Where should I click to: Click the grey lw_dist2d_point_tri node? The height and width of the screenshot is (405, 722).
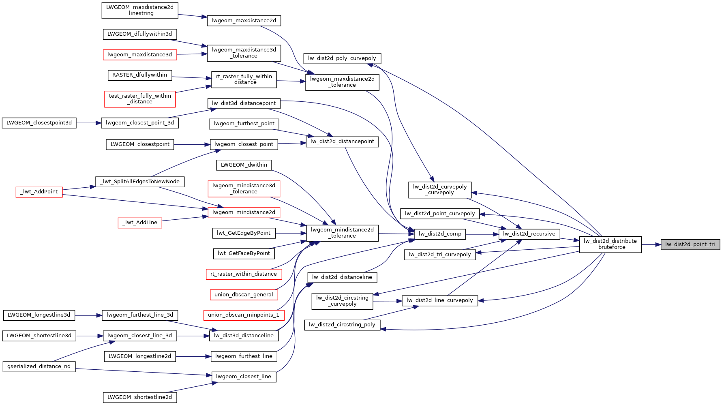[x=690, y=244]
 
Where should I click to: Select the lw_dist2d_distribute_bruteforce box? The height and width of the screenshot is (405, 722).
[x=610, y=244]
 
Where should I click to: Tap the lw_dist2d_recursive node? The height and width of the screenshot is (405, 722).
[x=529, y=234]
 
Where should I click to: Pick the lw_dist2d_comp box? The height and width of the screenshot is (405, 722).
[x=440, y=234]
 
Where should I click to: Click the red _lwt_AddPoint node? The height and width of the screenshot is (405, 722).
[x=39, y=192]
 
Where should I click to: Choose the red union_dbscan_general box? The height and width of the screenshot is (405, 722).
[x=244, y=295]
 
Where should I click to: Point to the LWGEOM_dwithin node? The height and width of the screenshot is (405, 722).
[x=244, y=165]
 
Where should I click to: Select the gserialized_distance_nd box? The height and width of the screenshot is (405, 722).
[x=39, y=366]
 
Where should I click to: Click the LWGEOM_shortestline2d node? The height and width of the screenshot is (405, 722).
[x=140, y=397]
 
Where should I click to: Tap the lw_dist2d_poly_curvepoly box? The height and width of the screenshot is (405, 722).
[x=342, y=58]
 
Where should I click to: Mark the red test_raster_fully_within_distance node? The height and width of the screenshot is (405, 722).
[x=140, y=99]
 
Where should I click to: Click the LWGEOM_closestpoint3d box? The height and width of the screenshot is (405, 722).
[x=39, y=123]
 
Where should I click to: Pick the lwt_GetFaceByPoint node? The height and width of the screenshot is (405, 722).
[x=244, y=253]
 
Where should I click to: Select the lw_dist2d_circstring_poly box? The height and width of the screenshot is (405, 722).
[x=342, y=325]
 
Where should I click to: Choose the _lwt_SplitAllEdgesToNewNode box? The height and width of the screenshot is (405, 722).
[x=140, y=182]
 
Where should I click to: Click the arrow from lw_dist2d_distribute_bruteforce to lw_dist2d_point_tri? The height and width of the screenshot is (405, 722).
[x=651, y=244]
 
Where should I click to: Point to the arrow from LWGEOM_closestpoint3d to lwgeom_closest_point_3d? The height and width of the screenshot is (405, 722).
[x=88, y=123]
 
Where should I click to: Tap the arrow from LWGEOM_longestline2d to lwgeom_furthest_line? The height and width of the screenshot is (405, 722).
[x=193, y=356]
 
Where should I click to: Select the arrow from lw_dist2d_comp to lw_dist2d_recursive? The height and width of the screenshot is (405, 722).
[x=482, y=234]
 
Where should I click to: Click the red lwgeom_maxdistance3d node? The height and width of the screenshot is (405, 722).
[x=140, y=55]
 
